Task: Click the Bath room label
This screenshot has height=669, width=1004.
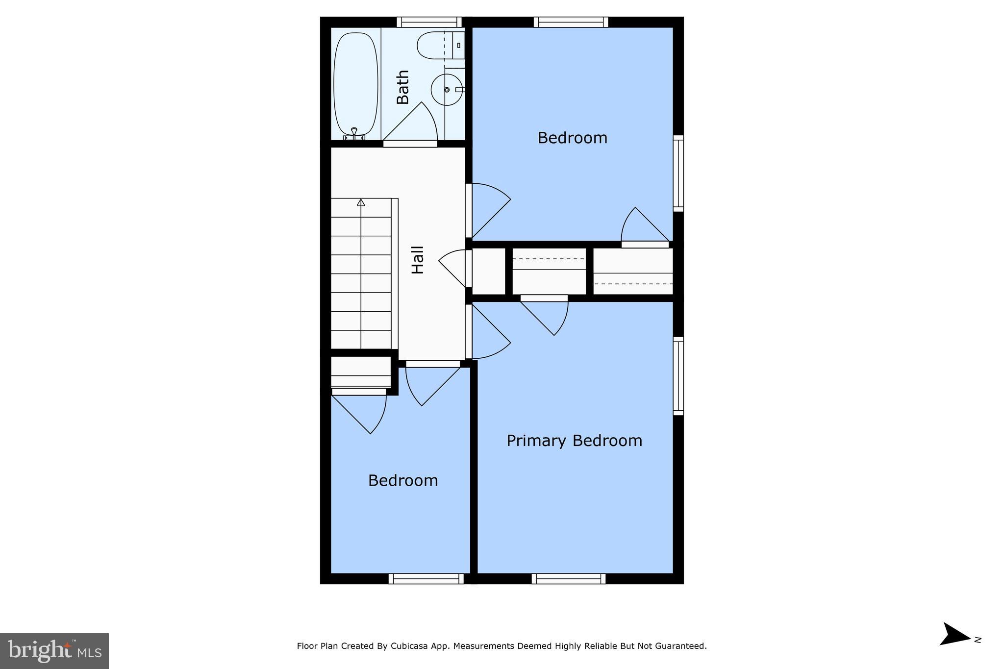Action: (402, 87)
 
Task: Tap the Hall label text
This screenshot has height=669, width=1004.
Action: (417, 260)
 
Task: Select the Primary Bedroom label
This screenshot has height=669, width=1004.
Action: (574, 441)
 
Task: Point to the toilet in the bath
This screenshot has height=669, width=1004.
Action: (434, 46)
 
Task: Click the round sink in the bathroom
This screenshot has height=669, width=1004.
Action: (446, 90)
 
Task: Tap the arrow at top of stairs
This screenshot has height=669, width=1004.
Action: (361, 202)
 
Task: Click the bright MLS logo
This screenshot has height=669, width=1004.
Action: (54, 651)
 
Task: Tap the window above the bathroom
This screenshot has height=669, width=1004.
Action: (429, 22)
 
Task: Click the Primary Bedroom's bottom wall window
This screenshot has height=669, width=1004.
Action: (569, 579)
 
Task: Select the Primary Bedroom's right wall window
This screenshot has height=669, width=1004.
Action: (678, 375)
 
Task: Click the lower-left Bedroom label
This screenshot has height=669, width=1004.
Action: (403, 480)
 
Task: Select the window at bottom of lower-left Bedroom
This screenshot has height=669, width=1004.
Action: (426, 579)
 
